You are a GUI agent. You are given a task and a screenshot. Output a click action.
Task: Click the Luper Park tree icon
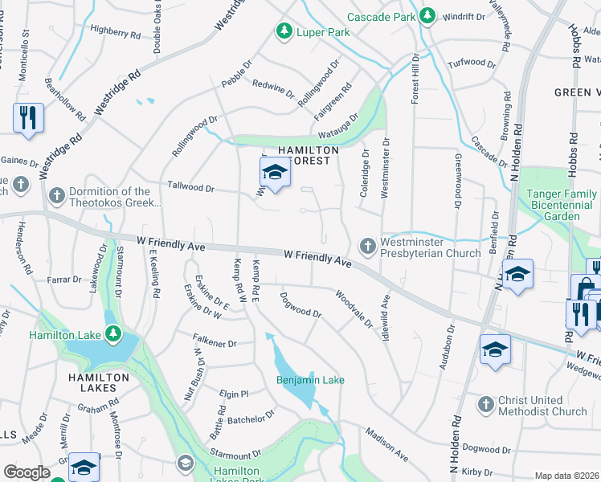pyautogui.click(x=284, y=31)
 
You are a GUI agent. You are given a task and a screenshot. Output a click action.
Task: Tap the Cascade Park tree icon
pyautogui.click(x=427, y=16)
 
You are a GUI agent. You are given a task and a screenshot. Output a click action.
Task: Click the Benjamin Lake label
pyautogui.click(x=309, y=380)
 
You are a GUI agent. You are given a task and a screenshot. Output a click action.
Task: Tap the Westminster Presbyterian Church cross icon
pyautogui.click(x=368, y=246)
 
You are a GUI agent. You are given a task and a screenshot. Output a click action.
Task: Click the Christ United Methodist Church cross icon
pyautogui.click(x=485, y=404)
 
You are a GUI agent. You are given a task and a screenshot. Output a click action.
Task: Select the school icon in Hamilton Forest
pyautogui.click(x=274, y=173)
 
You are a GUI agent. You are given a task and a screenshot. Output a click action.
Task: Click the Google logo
pyautogui.click(x=27, y=472)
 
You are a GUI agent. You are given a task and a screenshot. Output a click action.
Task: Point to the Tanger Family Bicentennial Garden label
pyautogui.click(x=562, y=205)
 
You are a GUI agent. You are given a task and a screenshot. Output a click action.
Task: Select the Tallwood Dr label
pyautogui.click(x=190, y=187)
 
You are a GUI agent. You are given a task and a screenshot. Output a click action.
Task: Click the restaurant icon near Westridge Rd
pyautogui.click(x=27, y=117)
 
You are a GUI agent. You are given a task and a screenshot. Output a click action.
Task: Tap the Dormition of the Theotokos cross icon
pyautogui.click(x=57, y=195)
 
